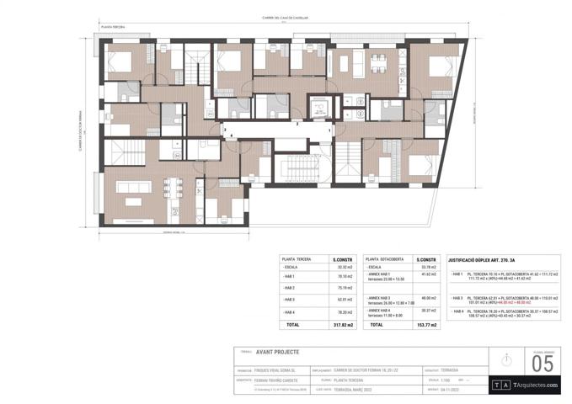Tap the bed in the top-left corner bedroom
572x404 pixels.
coord(120,61)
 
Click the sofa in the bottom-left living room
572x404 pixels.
coord(132,200)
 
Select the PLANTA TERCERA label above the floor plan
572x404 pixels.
coord(114,27)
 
